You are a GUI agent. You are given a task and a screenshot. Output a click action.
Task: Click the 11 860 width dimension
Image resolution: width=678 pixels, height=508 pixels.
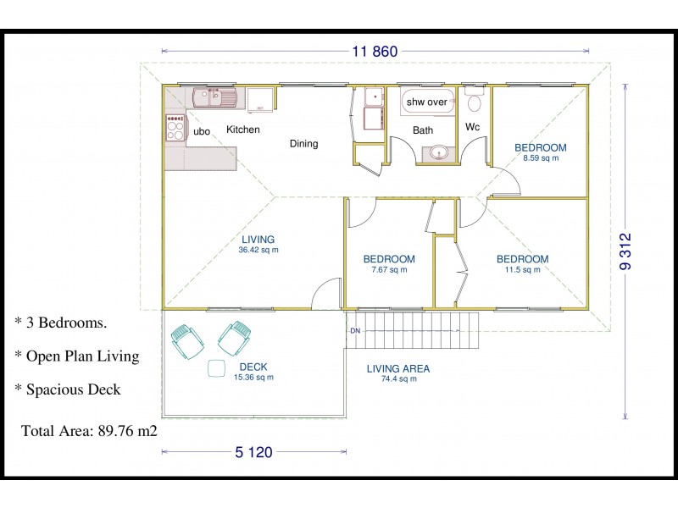click(x=375, y=52)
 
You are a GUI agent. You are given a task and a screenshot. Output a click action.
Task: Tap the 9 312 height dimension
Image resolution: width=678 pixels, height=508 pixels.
click(x=625, y=251)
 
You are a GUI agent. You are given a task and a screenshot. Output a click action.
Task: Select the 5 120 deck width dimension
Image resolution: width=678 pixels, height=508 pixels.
click(x=253, y=452)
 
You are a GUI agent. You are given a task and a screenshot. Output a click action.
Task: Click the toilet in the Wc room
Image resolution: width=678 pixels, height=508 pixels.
click(x=475, y=100)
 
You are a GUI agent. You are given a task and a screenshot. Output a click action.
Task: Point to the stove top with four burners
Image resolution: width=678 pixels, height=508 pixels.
click(x=175, y=127)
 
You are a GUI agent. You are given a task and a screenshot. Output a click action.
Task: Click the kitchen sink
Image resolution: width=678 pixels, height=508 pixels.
click(x=214, y=97)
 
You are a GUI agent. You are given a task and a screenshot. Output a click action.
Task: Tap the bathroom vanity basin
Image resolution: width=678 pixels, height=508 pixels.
click(x=439, y=153)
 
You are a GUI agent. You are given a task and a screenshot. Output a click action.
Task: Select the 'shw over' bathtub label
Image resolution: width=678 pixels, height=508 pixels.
click(x=427, y=102)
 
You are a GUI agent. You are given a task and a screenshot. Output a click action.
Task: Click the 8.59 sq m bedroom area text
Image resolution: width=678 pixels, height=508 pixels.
click(x=541, y=158)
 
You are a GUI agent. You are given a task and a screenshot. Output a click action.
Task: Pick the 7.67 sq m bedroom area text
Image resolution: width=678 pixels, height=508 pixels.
click(x=389, y=270)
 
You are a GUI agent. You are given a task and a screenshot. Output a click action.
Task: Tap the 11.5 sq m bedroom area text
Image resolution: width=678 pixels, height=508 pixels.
click(x=522, y=270)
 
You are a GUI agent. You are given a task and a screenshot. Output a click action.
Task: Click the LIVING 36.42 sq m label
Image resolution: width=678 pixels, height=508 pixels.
click(x=258, y=244)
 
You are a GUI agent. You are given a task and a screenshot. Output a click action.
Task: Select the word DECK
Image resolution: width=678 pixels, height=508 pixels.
click(x=253, y=367)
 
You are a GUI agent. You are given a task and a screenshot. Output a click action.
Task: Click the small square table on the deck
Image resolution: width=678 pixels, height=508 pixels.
click(x=216, y=368)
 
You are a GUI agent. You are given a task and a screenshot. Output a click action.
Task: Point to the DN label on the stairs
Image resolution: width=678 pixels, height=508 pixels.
click(x=355, y=331)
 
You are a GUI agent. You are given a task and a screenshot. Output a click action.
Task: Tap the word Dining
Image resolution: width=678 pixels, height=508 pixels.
click(x=304, y=144)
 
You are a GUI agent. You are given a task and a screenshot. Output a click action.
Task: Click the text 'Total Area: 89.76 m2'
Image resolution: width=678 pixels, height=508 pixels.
click(x=89, y=431)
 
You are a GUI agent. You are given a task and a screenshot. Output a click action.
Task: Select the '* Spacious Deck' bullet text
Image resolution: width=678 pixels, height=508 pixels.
click(x=68, y=389)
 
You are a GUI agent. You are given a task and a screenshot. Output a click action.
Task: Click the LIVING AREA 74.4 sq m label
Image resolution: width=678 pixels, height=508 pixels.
click(x=398, y=373)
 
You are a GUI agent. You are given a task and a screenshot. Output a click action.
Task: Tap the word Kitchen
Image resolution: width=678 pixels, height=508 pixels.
click(x=243, y=130)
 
